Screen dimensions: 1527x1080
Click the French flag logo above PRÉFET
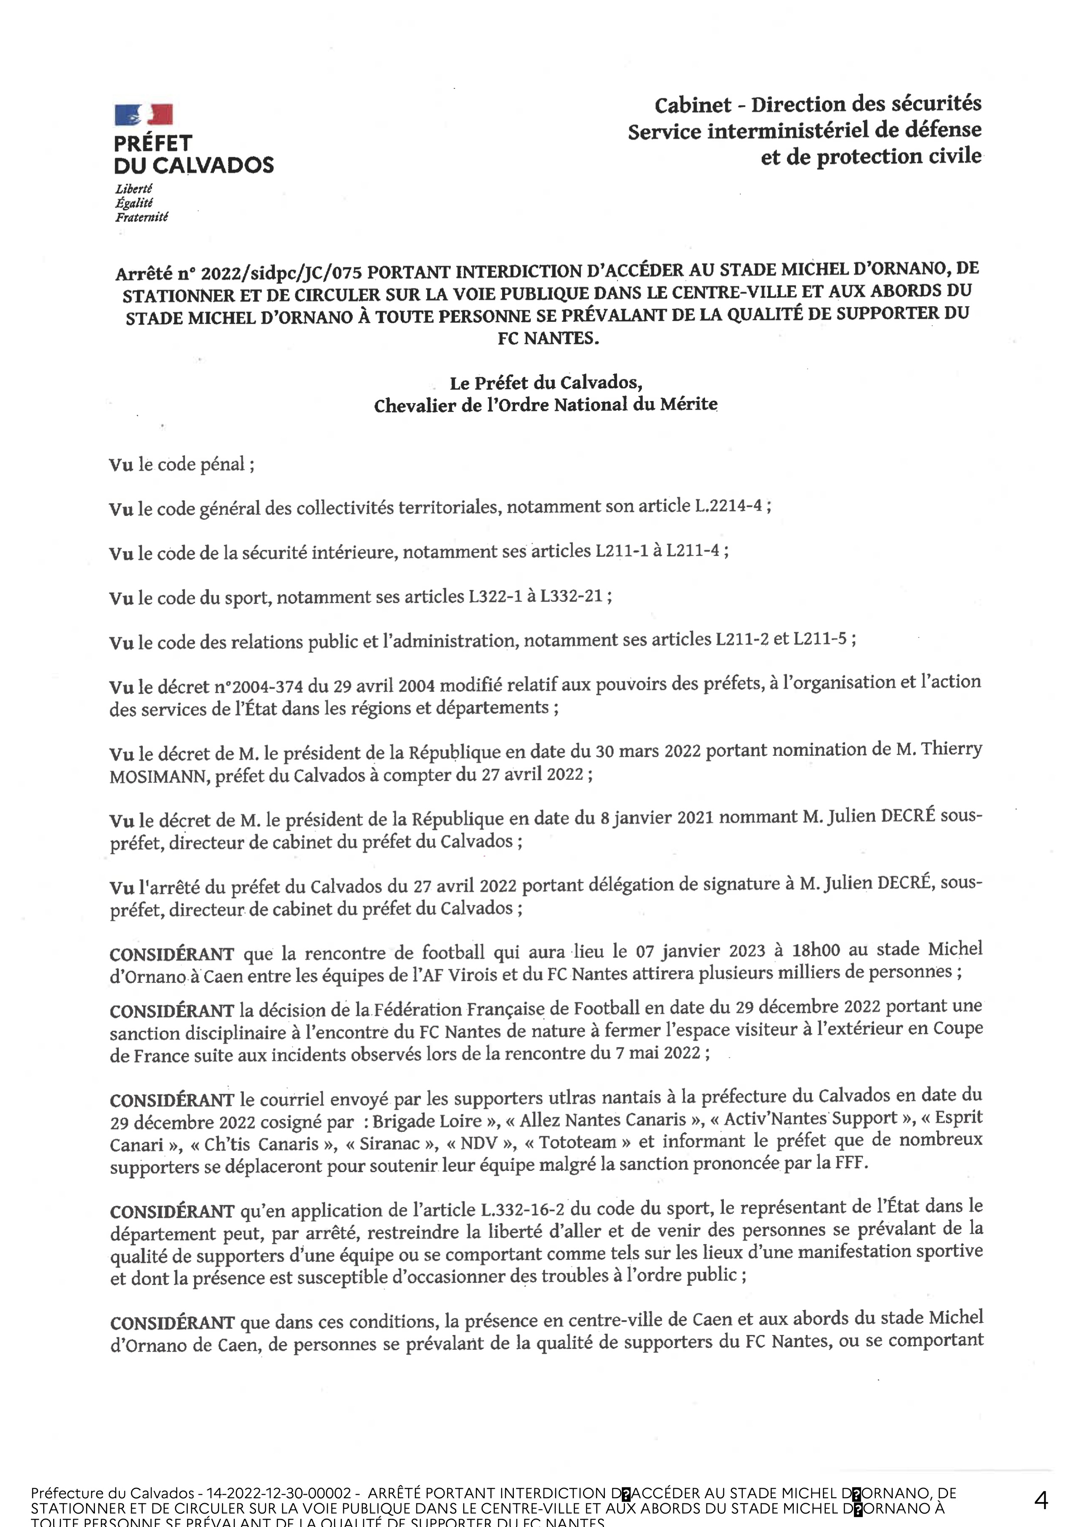(144, 115)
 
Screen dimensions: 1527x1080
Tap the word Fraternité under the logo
(142, 217)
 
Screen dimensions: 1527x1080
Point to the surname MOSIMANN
(158, 777)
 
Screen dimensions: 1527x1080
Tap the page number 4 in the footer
(1041, 1500)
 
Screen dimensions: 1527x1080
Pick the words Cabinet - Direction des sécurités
(817, 104)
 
